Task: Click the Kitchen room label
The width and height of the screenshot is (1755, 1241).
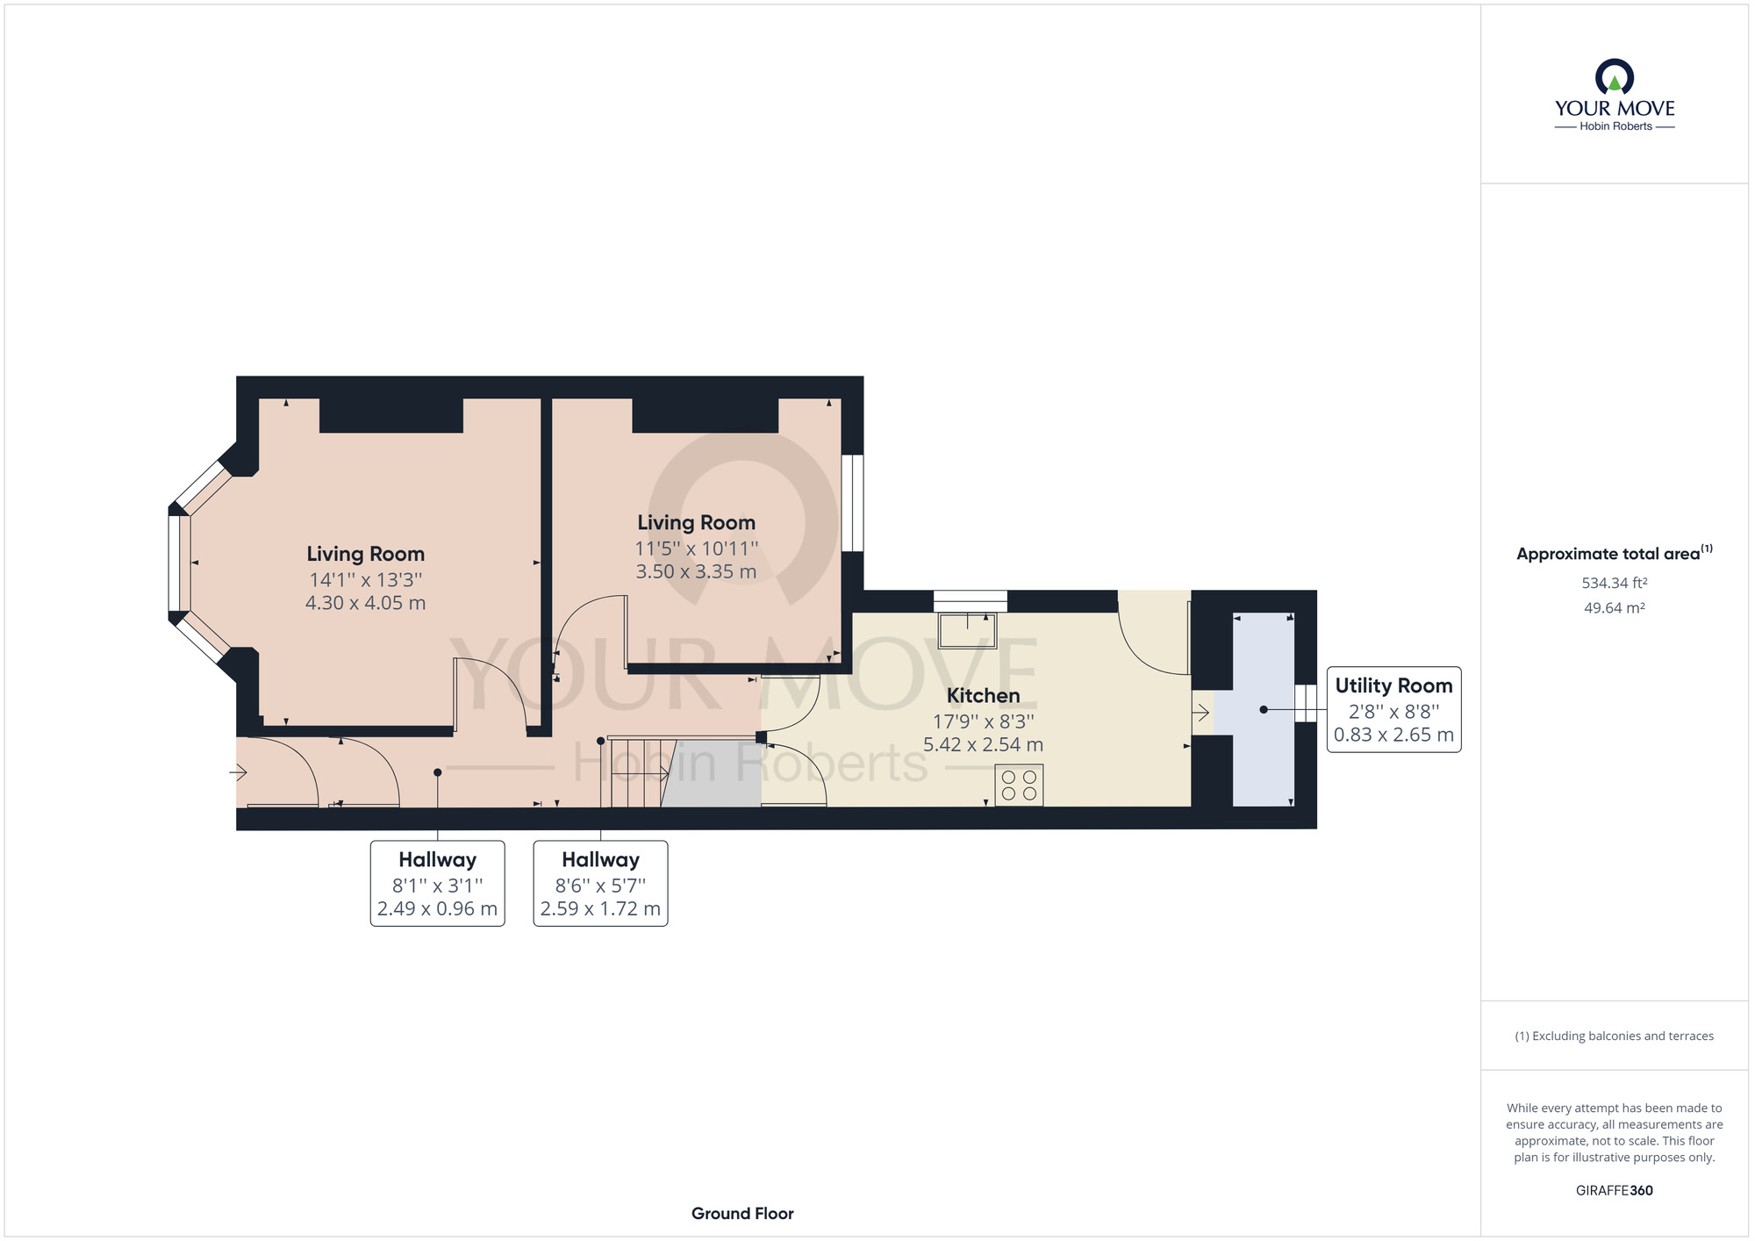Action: point(983,696)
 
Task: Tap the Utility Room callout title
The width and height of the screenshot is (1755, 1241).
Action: point(1393,685)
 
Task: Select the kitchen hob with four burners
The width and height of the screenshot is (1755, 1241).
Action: point(1019,785)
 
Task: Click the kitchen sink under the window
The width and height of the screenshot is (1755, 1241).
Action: point(968,630)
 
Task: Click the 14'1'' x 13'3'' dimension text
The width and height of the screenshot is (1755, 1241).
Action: point(366,580)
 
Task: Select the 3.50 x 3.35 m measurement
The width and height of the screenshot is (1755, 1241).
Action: point(696,571)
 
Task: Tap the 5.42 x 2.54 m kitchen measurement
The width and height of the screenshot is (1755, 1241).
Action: point(983,744)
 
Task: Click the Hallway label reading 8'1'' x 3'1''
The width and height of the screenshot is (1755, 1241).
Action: point(437,883)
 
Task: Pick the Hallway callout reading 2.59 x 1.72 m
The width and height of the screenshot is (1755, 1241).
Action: point(600,883)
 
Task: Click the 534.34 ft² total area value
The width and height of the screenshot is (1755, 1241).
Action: point(1615,583)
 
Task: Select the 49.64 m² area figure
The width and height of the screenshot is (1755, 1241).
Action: point(1615,607)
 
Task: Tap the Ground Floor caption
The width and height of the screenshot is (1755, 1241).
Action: point(742,1214)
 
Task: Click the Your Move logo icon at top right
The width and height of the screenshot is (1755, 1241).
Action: point(1615,76)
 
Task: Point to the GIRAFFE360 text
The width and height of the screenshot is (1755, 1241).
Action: point(1615,1191)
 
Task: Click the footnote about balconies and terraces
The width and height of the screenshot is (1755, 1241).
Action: point(1615,1037)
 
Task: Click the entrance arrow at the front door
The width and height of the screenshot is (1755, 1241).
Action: point(238,772)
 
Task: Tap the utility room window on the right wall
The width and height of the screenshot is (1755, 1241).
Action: point(1306,703)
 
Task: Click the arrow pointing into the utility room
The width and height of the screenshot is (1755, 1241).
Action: point(1200,712)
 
